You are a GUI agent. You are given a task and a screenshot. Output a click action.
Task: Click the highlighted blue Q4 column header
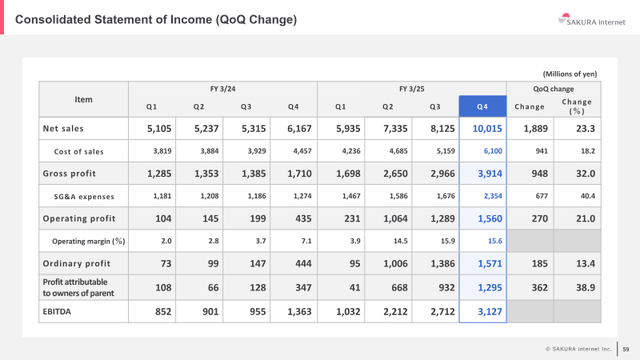[482, 106]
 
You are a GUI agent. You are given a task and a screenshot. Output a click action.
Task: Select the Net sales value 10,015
[487, 129]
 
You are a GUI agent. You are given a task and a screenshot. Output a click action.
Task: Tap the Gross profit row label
[69, 174]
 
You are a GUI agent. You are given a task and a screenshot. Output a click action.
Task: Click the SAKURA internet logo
[591, 20]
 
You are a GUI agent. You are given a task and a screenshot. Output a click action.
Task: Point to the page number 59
[626, 349]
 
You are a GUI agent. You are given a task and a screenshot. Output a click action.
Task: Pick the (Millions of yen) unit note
[570, 74]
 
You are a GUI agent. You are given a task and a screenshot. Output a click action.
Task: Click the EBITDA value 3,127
[490, 312]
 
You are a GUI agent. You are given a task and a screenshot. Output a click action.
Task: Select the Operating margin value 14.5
[401, 241]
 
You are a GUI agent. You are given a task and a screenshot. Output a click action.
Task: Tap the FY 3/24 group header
[223, 89]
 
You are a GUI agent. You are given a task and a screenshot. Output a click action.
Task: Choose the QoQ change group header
[554, 89]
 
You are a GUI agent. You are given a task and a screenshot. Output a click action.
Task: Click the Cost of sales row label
[78, 151]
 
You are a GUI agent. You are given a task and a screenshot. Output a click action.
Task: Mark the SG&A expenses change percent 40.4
[588, 196]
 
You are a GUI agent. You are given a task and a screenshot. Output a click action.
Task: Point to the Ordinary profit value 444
[304, 264]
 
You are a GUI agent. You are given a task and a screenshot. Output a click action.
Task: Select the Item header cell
[83, 99]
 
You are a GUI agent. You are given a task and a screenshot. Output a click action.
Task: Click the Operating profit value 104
[163, 218]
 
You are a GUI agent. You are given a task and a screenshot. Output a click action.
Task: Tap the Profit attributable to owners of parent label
[78, 287]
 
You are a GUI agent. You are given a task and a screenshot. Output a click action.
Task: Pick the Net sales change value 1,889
[535, 129]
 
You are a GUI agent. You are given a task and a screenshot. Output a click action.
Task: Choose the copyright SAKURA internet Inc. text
[578, 349]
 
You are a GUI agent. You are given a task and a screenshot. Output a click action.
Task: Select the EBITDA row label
[57, 311]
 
